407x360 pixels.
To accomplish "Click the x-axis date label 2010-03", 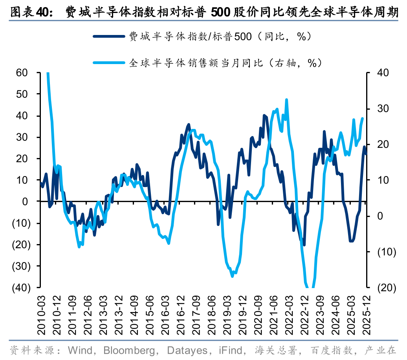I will pyautogui.click(x=40, y=310).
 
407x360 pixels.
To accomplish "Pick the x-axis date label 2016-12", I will pyautogui.click(x=182, y=310).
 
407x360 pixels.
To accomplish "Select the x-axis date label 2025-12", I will pyautogui.click(x=366, y=310).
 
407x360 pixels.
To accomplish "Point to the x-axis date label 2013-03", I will pyautogui.click(x=102, y=310).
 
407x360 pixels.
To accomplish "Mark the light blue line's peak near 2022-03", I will pyautogui.click(x=286, y=100).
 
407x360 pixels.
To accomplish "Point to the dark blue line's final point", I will pyautogui.click(x=366, y=154).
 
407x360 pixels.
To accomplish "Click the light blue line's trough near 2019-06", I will pyautogui.click(x=232, y=276).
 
